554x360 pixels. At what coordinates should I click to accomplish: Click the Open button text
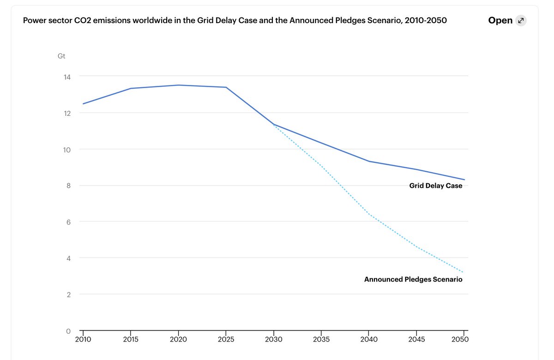pyautogui.click(x=500, y=20)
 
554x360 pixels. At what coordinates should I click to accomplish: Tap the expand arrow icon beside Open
pyautogui.click(x=521, y=20)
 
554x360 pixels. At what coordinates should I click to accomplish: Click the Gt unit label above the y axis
pyautogui.click(x=61, y=56)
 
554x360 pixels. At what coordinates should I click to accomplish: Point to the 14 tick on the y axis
pyautogui.click(x=67, y=77)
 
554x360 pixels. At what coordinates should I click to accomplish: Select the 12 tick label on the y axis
pyautogui.click(x=67, y=113)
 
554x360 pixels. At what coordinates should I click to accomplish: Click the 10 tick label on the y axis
pyautogui.click(x=67, y=150)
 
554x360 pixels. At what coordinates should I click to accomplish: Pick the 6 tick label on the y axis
pyautogui.click(x=68, y=222)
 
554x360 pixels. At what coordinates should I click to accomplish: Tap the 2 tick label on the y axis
pyautogui.click(x=68, y=294)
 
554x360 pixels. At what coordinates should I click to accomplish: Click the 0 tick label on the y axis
pyautogui.click(x=68, y=331)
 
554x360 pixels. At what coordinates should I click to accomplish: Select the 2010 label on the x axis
pyautogui.click(x=83, y=340)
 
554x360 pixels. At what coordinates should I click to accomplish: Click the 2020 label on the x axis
pyautogui.click(x=178, y=340)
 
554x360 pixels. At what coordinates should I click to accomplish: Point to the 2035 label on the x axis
pyautogui.click(x=321, y=340)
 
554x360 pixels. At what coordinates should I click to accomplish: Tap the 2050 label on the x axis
pyautogui.click(x=460, y=340)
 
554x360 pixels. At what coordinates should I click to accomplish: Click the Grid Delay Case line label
pyautogui.click(x=435, y=186)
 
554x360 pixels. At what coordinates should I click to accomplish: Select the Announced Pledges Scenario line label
pyautogui.click(x=413, y=279)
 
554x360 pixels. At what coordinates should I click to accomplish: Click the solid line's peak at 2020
pyautogui.click(x=179, y=85)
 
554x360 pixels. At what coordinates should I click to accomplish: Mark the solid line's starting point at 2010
pyautogui.click(x=84, y=104)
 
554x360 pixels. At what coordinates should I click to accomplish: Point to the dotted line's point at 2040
pyautogui.click(x=368, y=214)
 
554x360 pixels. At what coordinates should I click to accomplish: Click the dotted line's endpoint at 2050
pyautogui.click(x=463, y=272)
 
